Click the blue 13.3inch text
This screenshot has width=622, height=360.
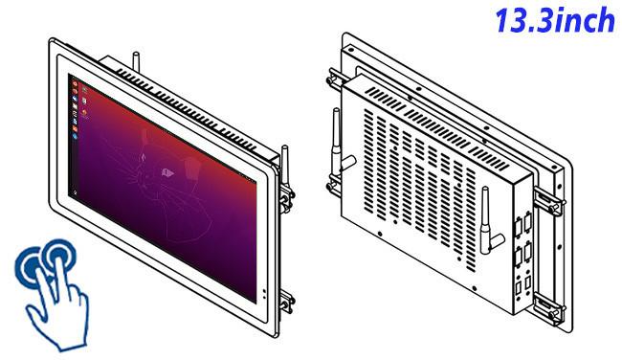[555, 20]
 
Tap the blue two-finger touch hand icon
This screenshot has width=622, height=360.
[52, 295]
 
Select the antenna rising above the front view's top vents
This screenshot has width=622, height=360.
[137, 62]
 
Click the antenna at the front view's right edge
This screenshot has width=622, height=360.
[285, 166]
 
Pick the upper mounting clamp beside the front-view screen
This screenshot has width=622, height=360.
[286, 196]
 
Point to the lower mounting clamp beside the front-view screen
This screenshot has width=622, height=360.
[286, 302]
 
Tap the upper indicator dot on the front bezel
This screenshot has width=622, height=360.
[264, 291]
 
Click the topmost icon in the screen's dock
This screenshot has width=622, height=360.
[75, 83]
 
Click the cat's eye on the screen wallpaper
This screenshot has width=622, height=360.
[167, 172]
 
